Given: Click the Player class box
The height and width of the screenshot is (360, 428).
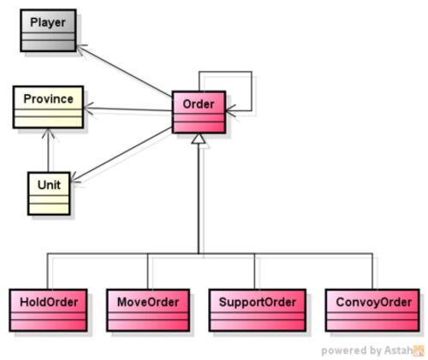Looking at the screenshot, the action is pos(48,31).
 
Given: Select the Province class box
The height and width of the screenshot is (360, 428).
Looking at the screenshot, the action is pos(48,107).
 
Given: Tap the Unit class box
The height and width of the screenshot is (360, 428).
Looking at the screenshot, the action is pos(49,193).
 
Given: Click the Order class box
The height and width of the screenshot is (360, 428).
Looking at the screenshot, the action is pos(199,112).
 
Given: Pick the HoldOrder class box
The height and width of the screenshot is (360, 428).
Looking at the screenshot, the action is pos(48,310).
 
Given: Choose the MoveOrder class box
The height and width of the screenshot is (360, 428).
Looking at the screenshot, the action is pos(148,310).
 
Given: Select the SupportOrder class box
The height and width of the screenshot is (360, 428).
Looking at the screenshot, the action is pos(258,310).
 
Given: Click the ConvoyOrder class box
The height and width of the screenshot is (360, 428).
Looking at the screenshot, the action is pos(372,310).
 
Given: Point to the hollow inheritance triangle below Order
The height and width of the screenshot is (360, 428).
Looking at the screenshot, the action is pos(199,139).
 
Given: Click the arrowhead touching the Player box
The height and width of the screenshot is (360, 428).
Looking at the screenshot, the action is pos(82,49).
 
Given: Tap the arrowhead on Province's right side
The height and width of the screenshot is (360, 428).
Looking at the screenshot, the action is pos(89,108).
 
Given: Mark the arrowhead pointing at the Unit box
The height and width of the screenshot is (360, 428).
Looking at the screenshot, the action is pos(75,178).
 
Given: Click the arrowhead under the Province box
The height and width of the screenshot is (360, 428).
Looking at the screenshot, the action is pos(48,133).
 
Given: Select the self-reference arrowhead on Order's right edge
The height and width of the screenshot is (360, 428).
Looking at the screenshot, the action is pos(230,110).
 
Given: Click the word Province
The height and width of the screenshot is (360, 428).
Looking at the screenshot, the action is pos(49,99).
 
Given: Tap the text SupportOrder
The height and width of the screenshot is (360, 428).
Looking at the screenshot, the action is pos(258,302).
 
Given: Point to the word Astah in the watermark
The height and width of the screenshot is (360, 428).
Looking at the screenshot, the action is pos(398,350).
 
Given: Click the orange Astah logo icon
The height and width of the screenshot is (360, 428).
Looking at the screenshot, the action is pos(419,351).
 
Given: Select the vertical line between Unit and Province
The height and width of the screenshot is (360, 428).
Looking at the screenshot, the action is pos(48,150).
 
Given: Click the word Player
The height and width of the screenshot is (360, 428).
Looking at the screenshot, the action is pos(48,22).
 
